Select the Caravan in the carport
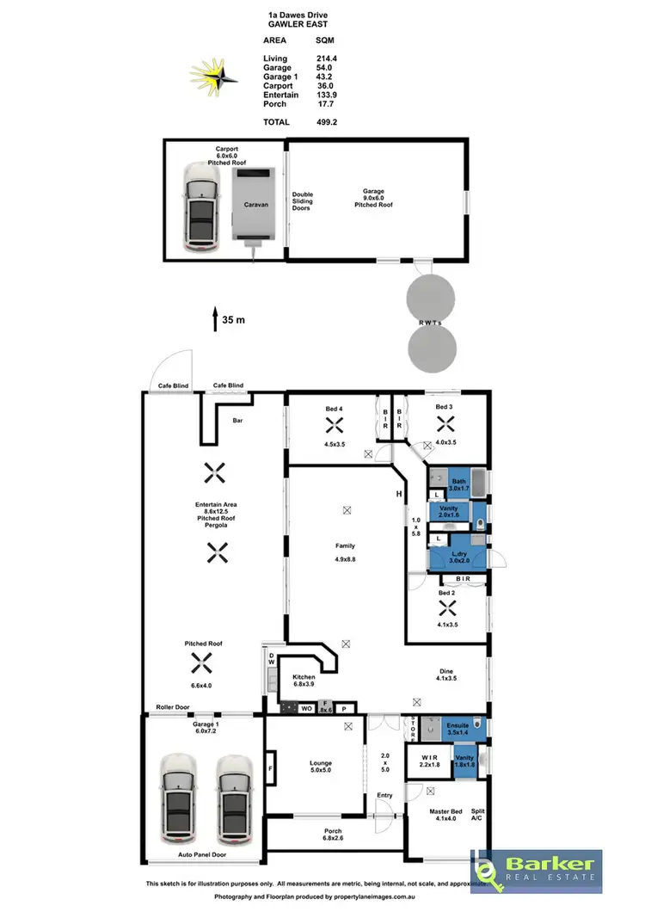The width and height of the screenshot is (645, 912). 255,204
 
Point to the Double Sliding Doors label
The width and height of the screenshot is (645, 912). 303,200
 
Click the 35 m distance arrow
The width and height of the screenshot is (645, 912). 215,319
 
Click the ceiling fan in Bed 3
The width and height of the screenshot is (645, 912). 444,422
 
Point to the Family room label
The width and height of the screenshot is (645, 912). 346,545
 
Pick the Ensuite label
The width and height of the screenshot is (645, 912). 457,725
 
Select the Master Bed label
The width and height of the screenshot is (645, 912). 445,812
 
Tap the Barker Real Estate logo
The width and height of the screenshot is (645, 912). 536,871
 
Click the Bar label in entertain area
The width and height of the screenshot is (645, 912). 238,422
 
